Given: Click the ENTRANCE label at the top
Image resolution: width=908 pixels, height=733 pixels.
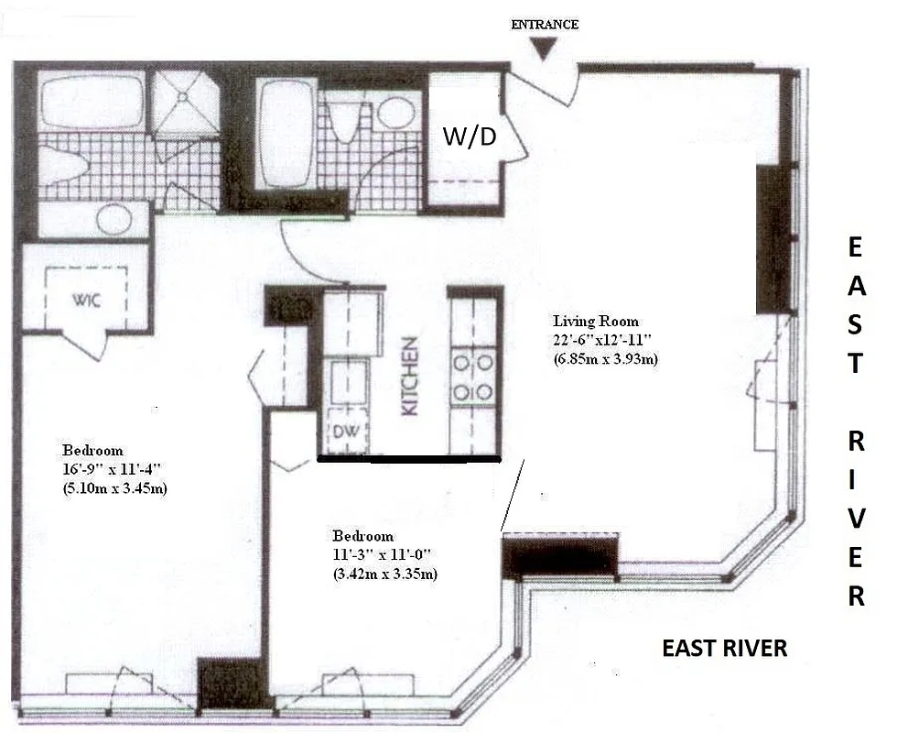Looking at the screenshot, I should click(x=544, y=25).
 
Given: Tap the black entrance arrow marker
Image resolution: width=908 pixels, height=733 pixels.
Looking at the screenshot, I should click(x=544, y=52).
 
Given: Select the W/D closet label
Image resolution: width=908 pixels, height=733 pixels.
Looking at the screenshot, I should click(x=470, y=136).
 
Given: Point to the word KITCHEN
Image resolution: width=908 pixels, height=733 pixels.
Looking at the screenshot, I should click(x=411, y=376).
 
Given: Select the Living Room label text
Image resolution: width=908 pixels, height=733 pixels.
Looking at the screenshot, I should click(x=595, y=322).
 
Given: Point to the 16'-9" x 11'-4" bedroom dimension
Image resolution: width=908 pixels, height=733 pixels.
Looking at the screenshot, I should click(x=114, y=470).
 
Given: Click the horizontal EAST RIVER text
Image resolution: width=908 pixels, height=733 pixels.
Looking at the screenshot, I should click(x=724, y=649).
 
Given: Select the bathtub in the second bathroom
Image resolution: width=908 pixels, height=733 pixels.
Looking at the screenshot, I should click(x=286, y=133).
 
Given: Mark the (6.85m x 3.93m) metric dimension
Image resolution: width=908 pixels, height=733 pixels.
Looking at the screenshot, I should click(x=605, y=358).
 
